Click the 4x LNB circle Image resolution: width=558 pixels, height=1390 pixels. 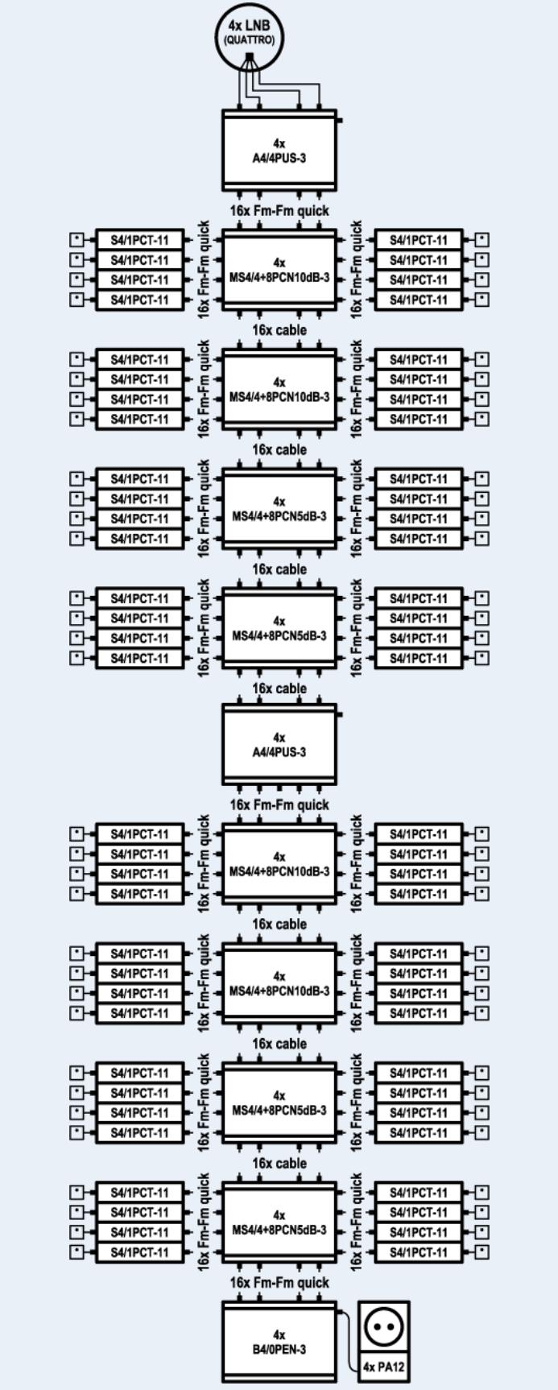250,34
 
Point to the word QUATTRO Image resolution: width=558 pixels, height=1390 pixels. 250,40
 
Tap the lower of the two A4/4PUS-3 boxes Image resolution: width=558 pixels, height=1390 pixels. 279,746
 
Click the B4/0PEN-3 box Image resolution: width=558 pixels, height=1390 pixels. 279,1343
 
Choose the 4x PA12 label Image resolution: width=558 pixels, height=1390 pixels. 384,1366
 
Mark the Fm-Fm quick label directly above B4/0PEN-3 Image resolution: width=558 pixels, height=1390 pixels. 279,1282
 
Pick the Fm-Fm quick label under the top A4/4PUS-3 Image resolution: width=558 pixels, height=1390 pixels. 279,211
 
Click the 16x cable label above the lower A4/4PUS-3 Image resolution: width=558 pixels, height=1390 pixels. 279,689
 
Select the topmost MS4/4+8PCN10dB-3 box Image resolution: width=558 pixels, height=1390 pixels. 279,270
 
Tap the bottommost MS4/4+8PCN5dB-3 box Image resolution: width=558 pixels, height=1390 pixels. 279,1222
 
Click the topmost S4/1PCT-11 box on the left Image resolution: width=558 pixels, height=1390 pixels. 140,240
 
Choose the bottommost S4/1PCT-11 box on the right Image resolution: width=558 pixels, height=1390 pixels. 419,1252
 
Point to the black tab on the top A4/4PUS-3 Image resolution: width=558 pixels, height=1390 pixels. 340,121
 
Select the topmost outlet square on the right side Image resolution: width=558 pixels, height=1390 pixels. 482,240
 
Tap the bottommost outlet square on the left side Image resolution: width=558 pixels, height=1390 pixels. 77,1252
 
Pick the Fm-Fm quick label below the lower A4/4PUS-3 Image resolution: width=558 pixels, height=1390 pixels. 279,805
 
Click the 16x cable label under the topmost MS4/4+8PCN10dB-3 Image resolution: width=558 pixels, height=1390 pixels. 279,330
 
